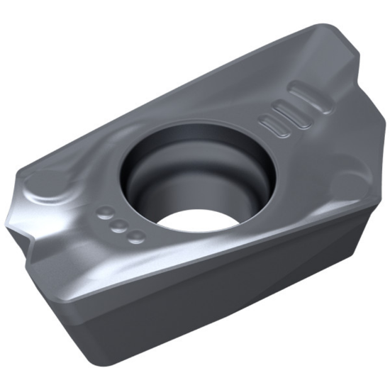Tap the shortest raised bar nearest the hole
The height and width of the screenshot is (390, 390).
click(x=274, y=125)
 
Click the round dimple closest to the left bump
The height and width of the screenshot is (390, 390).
click(x=105, y=212)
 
